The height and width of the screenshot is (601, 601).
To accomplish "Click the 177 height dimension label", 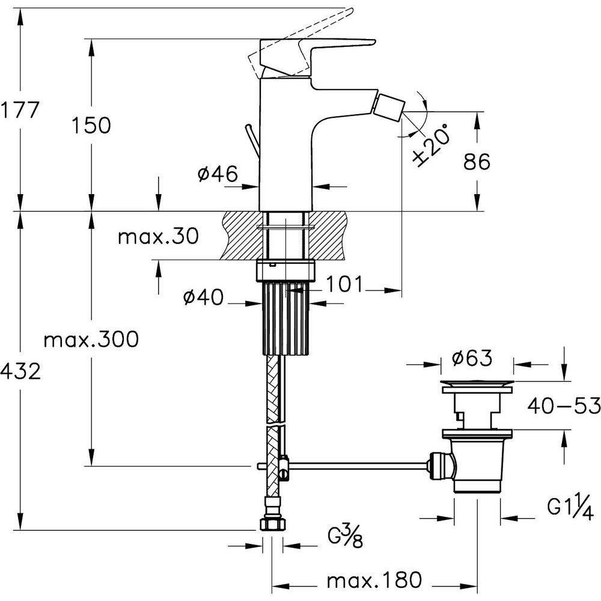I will pyautogui.click(x=20, y=111).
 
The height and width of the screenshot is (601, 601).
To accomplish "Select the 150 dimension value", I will pyautogui.click(x=91, y=126).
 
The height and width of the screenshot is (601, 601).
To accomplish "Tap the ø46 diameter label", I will pyautogui.click(x=217, y=174).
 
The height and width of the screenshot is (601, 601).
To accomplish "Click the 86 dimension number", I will pyautogui.click(x=477, y=161).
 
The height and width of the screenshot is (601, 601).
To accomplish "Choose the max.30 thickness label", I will pyautogui.click(x=157, y=237).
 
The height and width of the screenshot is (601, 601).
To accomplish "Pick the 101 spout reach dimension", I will pyautogui.click(x=344, y=284).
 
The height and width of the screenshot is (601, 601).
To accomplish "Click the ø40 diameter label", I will pyautogui.click(x=204, y=297).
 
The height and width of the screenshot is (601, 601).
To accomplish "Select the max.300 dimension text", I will pyautogui.click(x=91, y=340).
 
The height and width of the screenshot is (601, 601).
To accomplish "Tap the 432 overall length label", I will pyautogui.click(x=20, y=371).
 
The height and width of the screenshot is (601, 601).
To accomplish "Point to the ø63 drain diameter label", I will pyautogui.click(x=472, y=359).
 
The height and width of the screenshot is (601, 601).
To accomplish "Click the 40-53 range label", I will pyautogui.click(x=564, y=407).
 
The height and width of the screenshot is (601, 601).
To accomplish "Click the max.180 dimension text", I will pyautogui.click(x=374, y=581).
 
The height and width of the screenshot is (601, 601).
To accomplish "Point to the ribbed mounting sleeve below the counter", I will pyautogui.click(x=286, y=319).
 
